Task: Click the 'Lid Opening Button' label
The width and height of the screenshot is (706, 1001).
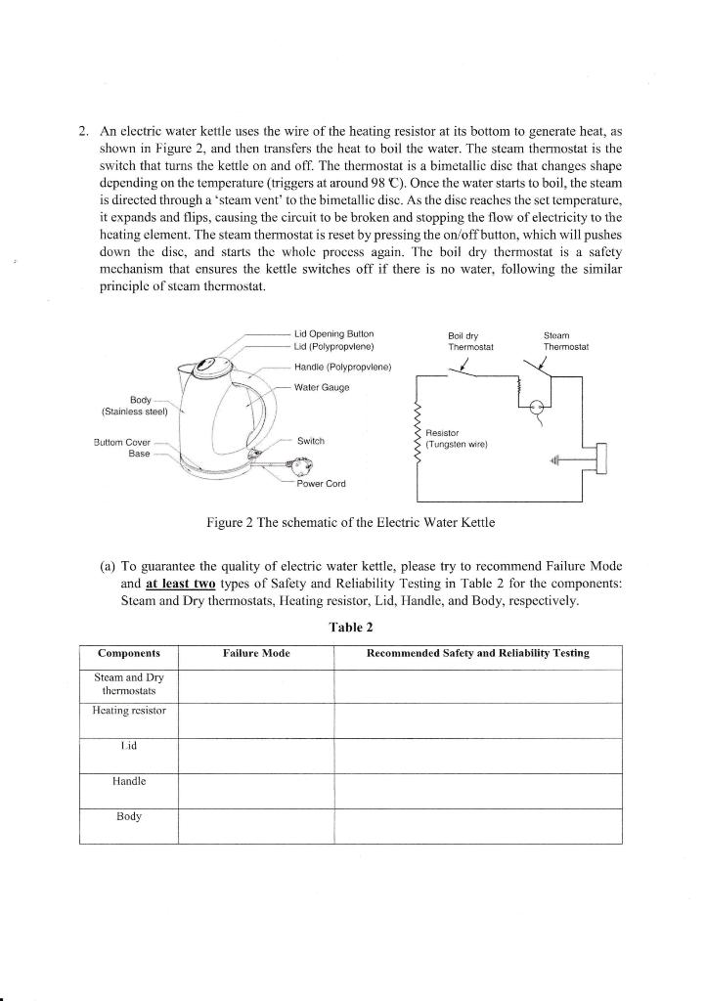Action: (x=333, y=333)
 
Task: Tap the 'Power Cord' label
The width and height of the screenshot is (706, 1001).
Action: (x=322, y=483)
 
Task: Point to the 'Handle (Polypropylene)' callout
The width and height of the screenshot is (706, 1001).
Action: (x=342, y=367)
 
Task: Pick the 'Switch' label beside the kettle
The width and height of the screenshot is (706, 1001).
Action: (x=311, y=441)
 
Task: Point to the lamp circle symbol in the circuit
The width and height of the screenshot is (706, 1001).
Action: (x=536, y=411)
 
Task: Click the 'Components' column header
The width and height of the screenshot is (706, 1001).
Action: (x=129, y=653)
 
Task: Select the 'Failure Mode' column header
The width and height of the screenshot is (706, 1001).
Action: (x=256, y=653)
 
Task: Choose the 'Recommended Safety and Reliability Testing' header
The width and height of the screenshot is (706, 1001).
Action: (x=477, y=653)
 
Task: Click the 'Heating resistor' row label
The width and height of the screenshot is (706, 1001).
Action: (x=129, y=713)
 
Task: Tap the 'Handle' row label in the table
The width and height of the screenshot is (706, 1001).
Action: (x=129, y=781)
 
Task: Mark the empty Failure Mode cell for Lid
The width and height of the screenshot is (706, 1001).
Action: (x=256, y=755)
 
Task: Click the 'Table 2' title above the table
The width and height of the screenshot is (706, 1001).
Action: (x=352, y=627)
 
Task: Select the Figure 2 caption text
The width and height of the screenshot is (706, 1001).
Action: (x=351, y=522)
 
